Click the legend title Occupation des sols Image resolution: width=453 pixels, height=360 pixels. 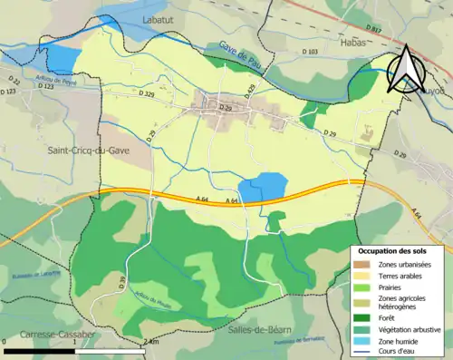coord(399,249)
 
